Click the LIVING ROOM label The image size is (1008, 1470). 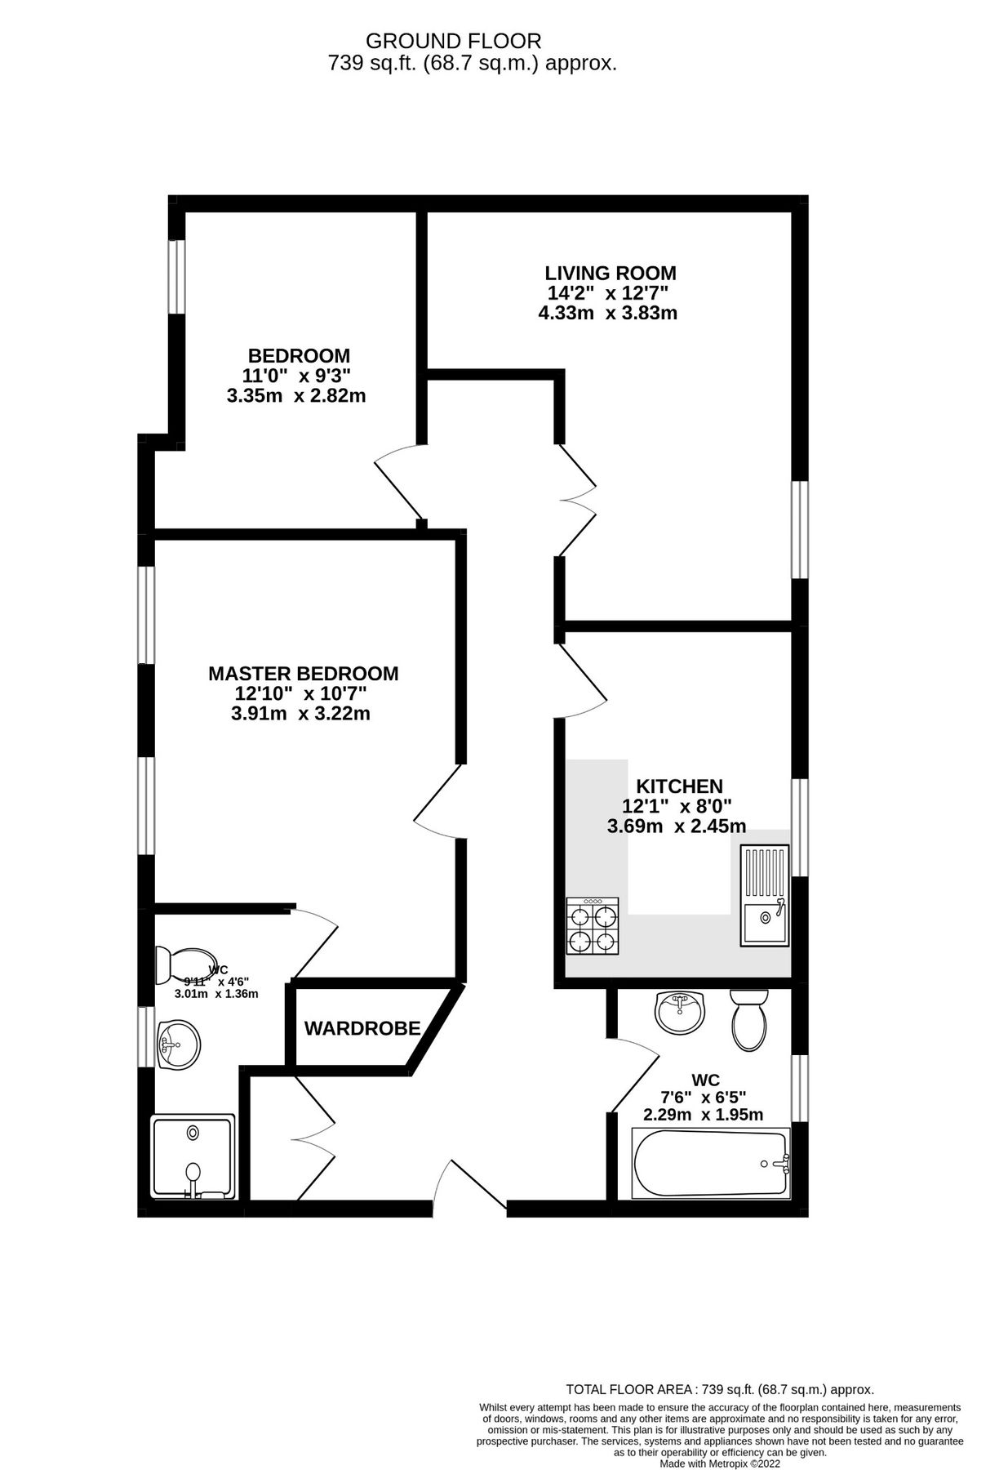click(611, 274)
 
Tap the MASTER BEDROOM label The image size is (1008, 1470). click(303, 674)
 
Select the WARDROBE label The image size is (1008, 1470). click(362, 1029)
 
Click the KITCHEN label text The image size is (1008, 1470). click(679, 786)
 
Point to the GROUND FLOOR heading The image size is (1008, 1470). click(453, 41)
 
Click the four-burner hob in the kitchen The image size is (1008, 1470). click(593, 926)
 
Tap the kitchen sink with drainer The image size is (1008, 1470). click(765, 896)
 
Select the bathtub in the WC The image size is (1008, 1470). click(711, 1163)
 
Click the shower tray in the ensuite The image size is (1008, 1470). click(193, 1156)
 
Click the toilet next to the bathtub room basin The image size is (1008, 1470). click(748, 1020)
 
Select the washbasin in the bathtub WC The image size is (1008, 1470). click(679, 1012)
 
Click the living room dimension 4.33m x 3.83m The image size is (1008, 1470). click(607, 313)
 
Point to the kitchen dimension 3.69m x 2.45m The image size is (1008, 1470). click(676, 826)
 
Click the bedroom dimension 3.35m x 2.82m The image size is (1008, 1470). click(295, 397)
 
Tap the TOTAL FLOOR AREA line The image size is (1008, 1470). click(720, 1389)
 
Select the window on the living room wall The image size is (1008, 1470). click(801, 530)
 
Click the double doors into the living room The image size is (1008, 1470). click(576, 501)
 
